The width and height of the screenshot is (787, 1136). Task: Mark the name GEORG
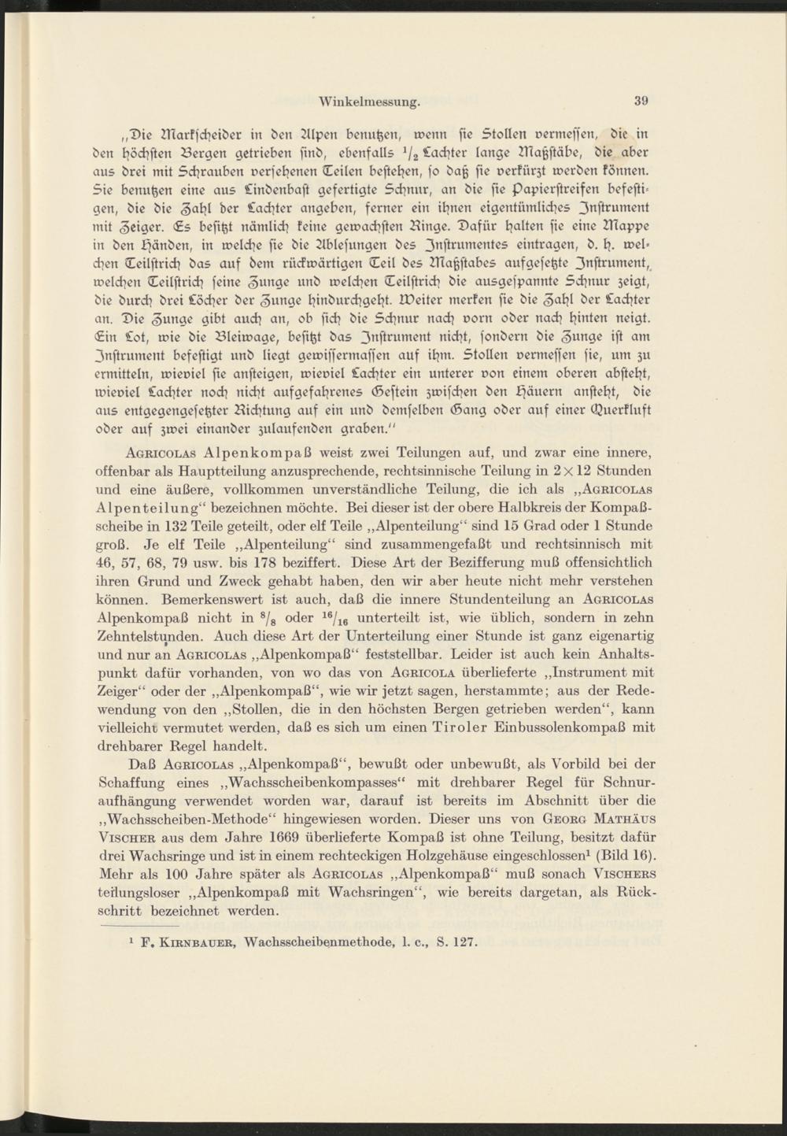tap(563, 821)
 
